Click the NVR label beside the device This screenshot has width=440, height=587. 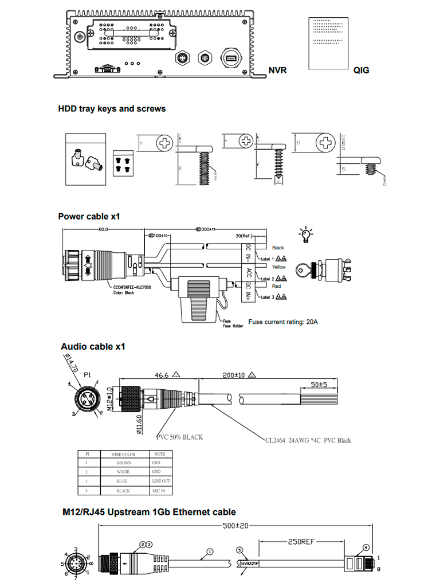pos(277,71)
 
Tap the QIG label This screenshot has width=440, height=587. pos(361,71)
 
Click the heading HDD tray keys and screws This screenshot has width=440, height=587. pos(112,108)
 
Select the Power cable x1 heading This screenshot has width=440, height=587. pos(89,216)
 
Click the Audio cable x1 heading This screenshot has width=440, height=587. pos(93,346)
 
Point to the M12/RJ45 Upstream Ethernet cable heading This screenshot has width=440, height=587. pos(149,512)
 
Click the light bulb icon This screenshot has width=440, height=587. pos(307,233)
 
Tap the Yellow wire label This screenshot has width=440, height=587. pos(279,267)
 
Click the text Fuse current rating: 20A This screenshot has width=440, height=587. pos(283,322)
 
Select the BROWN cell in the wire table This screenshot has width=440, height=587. pos(124,462)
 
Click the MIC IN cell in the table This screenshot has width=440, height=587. pos(158,491)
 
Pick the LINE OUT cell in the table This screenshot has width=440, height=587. pos(161,481)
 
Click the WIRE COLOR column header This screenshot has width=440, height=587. pos(124,453)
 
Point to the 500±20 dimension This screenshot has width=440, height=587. pos(235,525)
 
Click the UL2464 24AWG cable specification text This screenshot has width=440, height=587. pos(308,440)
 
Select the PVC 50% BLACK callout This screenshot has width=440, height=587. pos(180,437)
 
